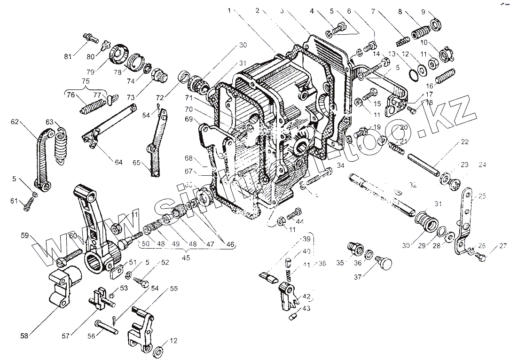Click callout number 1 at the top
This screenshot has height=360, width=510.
[229, 10]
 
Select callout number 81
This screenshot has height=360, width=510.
[68, 57]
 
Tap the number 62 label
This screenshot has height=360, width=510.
[16, 122]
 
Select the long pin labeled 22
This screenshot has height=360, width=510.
[424, 164]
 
